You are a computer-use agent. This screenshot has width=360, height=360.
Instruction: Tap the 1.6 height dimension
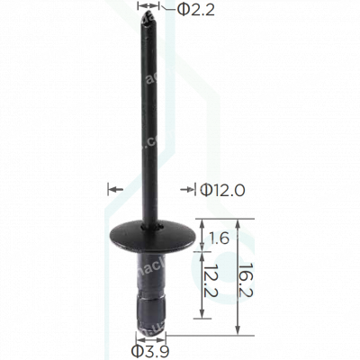tap(219, 238)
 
